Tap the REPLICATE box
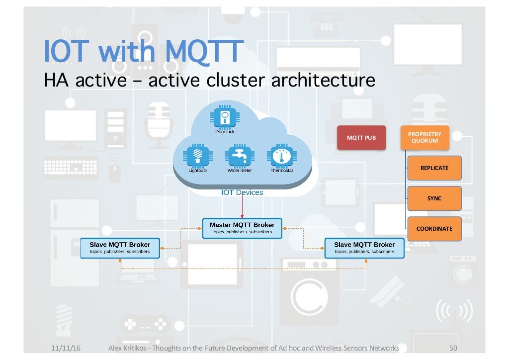click(x=434, y=168)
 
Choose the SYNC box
click(x=434, y=198)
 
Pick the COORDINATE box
click(x=434, y=229)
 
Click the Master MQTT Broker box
click(x=242, y=228)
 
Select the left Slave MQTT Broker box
click(x=120, y=248)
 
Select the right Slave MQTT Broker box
click(x=364, y=248)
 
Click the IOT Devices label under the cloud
click(x=242, y=192)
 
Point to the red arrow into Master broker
click(x=242, y=206)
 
